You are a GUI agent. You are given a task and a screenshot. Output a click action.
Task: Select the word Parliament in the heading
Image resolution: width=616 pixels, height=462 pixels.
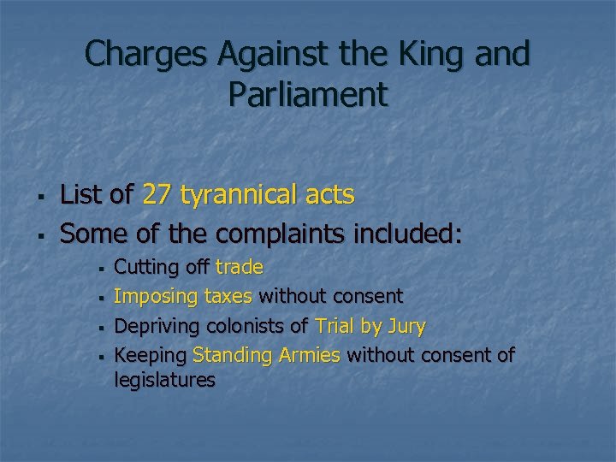point(308,94)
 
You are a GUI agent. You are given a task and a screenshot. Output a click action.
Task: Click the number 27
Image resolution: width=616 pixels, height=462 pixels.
point(157,195)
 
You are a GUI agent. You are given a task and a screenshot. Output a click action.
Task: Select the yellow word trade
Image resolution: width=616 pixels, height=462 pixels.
point(239,268)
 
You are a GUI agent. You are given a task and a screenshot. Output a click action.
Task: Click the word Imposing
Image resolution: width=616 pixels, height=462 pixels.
point(152,297)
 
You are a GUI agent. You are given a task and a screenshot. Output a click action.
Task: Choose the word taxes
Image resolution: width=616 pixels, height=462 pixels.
point(228,297)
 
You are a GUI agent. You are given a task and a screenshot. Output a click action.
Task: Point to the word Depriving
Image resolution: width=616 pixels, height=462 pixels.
point(155,326)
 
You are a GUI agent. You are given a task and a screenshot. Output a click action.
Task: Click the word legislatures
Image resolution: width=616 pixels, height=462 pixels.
point(164,380)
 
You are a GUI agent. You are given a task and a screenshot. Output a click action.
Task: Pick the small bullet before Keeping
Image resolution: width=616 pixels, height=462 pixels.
point(101,356)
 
